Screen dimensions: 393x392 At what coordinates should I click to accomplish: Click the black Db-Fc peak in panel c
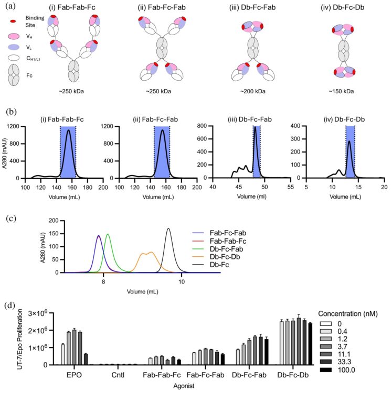click(168, 229)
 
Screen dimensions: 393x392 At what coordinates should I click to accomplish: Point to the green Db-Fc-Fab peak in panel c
click(108, 235)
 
